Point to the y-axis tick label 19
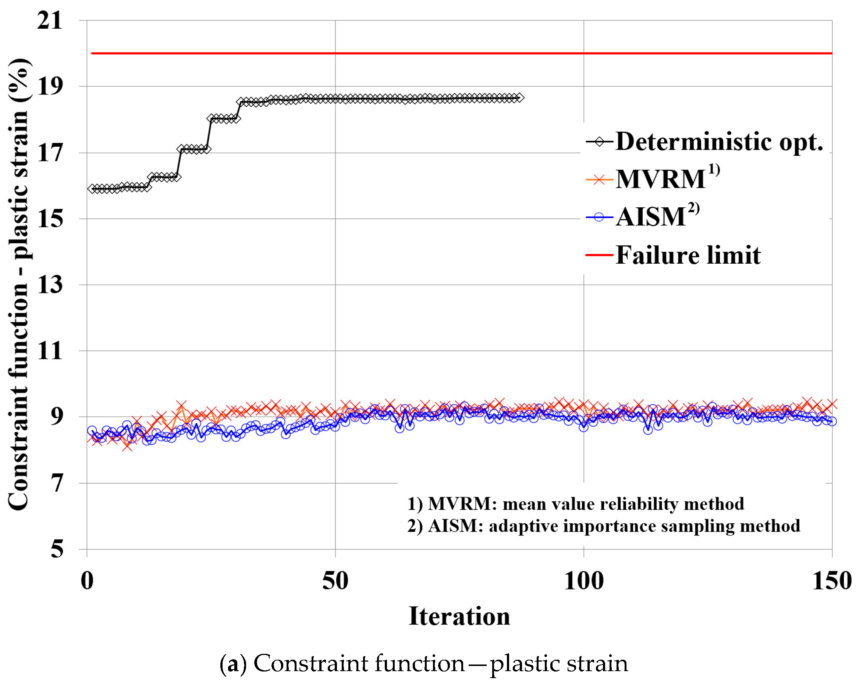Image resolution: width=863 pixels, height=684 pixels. pos(50,86)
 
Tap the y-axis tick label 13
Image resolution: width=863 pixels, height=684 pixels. pos(50,285)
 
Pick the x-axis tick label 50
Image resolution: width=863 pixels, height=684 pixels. pos(335,581)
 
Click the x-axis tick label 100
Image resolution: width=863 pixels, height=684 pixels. pos(583,581)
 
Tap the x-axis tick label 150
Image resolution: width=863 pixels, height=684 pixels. pos(832,581)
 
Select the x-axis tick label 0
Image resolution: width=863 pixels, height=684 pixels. pos(87,581)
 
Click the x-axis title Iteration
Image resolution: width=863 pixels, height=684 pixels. pos(459,616)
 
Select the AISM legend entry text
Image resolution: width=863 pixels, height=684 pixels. pos(651,217)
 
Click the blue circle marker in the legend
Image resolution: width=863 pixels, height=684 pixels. pos(599,217)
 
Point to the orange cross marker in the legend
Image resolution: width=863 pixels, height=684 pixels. pos(599,180)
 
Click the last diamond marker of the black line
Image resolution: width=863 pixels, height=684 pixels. pos(519,98)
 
